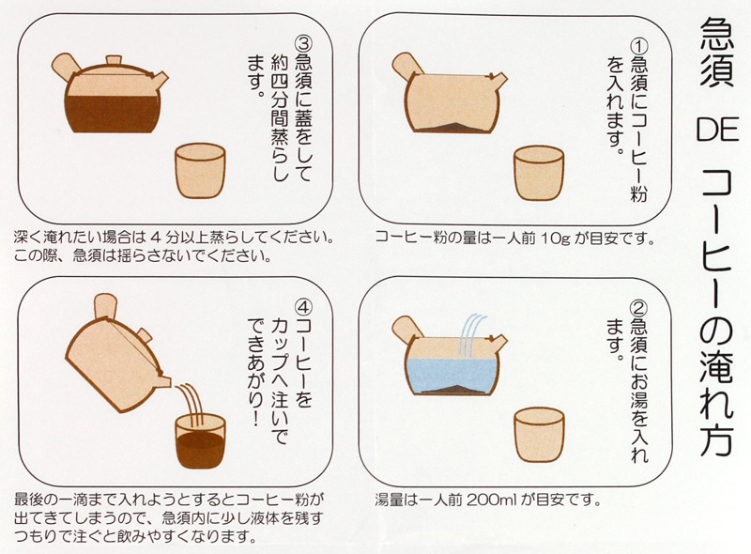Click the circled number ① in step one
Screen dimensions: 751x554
point(638,47)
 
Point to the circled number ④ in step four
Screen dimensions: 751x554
point(302,307)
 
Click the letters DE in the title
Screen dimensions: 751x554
point(717,130)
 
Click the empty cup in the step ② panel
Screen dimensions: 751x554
point(539,434)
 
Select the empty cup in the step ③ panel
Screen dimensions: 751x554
point(200,171)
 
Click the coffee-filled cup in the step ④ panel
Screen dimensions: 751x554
point(200,442)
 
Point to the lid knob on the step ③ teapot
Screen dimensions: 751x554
point(114,60)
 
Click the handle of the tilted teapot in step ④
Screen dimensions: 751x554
point(105,307)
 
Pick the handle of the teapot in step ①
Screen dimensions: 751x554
point(406,65)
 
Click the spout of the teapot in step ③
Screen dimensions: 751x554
point(160,78)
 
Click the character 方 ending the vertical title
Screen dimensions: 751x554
point(717,439)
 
